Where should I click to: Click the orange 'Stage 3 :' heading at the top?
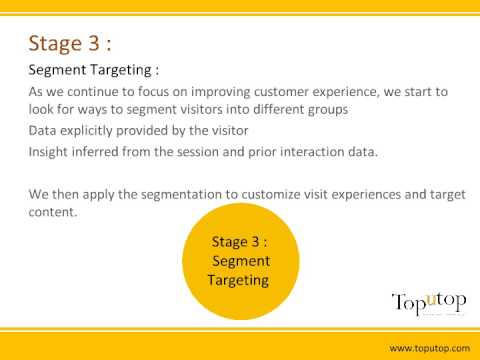point(70,44)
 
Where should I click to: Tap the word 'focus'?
point(154,92)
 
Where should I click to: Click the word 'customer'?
point(281,92)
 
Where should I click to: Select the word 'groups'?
point(328,110)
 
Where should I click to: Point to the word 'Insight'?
point(48,152)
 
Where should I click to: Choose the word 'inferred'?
point(95,152)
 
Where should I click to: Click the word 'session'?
point(198,152)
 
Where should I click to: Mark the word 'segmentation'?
point(181,195)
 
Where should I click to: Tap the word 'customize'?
point(271,194)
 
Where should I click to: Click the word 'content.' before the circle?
point(53,212)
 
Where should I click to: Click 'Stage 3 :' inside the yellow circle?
point(239,242)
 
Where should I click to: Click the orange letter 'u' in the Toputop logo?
point(432,300)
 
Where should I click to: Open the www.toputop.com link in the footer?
point(430,349)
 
